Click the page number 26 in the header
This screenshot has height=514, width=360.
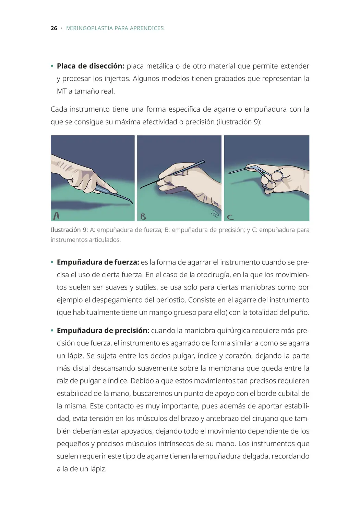[54, 28]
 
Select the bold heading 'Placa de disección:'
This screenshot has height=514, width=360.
[91, 66]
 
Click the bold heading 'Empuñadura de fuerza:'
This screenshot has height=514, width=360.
[98, 262]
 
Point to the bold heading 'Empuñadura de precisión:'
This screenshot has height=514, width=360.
[103, 331]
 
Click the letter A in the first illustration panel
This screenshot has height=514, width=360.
[57, 216]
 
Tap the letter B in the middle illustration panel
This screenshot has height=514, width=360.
[143, 217]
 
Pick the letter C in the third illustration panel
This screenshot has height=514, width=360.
[230, 217]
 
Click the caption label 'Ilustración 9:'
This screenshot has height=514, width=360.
[69, 230]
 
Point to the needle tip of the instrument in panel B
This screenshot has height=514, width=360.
[142, 188]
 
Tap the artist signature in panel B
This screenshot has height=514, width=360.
[214, 215]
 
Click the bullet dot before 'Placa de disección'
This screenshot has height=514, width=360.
[52, 66]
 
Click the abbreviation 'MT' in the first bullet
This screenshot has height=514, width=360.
[62, 91]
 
